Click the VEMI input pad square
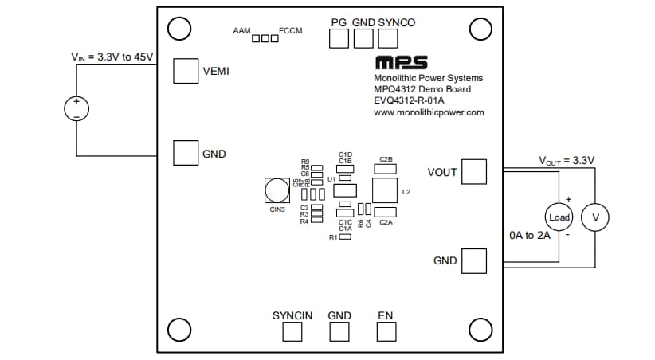pos(186,71)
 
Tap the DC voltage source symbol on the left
pos(76,109)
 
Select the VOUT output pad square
pos(474,171)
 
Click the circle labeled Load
pos(559,217)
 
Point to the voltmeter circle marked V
pos(594,217)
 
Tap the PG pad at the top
pos(339,38)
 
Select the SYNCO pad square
pos(388,38)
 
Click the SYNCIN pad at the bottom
pos(292,332)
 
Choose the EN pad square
pos(386,332)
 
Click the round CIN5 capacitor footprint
pos(276,190)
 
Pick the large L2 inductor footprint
pos(385,191)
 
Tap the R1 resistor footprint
pos(345,237)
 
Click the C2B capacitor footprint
pos(386,168)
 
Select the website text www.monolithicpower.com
pos(429,113)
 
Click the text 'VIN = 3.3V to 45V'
pos(112,57)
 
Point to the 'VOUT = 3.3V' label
pos(567,161)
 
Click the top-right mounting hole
pos(480,29)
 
